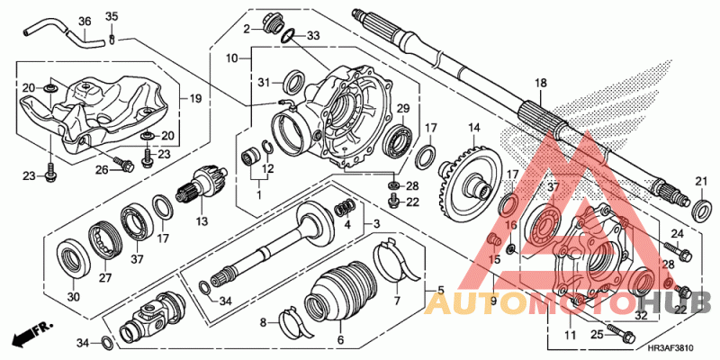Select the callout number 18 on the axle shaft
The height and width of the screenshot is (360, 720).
[x=540, y=83]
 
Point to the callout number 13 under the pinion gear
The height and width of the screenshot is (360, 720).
[x=202, y=220]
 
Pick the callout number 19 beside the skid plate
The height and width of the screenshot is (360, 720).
[x=196, y=97]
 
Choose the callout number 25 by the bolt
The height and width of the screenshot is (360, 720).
[x=595, y=336]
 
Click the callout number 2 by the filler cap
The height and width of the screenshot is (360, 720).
[x=245, y=29]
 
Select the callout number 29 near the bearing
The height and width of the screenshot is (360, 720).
[x=403, y=109]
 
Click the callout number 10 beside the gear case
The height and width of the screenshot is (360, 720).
[x=231, y=58]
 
